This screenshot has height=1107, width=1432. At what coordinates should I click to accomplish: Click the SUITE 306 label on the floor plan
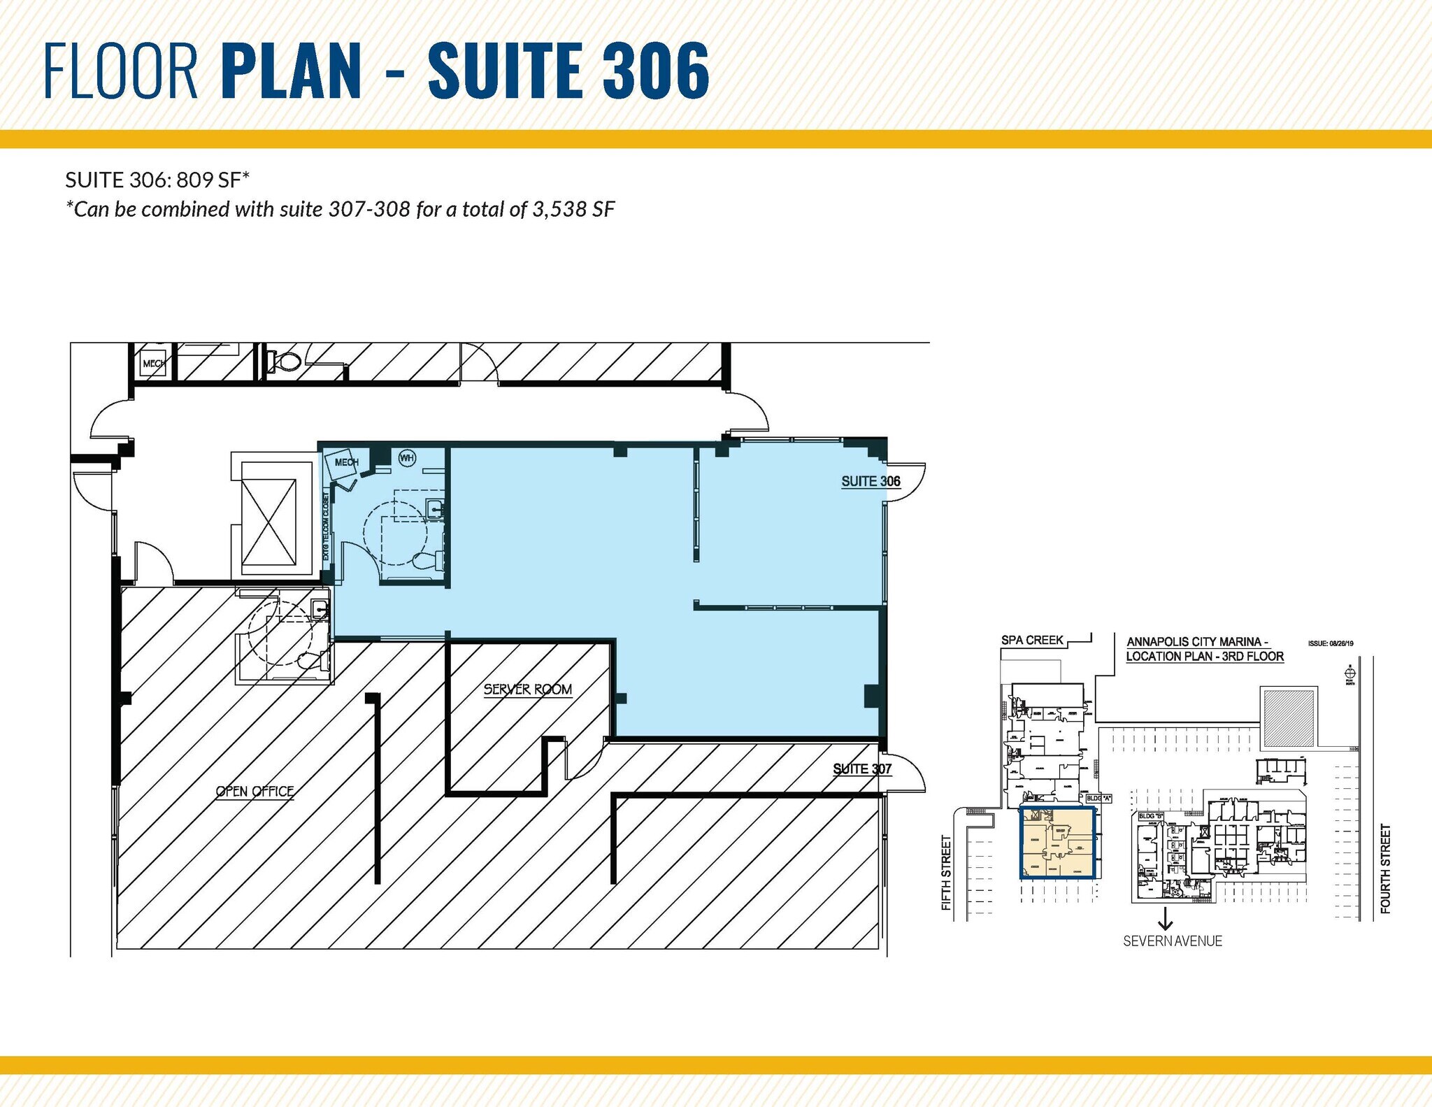tap(871, 481)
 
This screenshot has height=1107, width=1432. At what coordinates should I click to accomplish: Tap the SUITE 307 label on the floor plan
tap(862, 769)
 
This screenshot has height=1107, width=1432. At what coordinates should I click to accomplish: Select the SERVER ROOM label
tap(528, 690)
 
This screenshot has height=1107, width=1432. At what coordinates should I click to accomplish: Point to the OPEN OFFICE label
tap(255, 792)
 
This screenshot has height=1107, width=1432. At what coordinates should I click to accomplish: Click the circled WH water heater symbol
tap(407, 458)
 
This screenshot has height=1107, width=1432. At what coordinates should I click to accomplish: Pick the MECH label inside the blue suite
tap(346, 462)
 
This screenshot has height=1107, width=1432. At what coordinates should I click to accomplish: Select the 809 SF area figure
tap(208, 180)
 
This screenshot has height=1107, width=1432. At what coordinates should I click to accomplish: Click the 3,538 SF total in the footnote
tap(573, 210)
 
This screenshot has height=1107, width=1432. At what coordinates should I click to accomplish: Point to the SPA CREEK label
tap(1032, 640)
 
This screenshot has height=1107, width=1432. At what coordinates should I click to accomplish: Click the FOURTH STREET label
tap(1385, 869)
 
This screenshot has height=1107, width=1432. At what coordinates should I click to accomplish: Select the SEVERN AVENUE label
tap(1173, 941)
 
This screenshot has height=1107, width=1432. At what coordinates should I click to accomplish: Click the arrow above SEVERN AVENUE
tap(1165, 917)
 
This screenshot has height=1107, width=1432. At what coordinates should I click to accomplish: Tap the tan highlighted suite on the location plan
tap(1057, 843)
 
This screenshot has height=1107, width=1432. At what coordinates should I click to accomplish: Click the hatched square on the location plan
tap(1289, 717)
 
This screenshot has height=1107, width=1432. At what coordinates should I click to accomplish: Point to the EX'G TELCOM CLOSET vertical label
tap(326, 526)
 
